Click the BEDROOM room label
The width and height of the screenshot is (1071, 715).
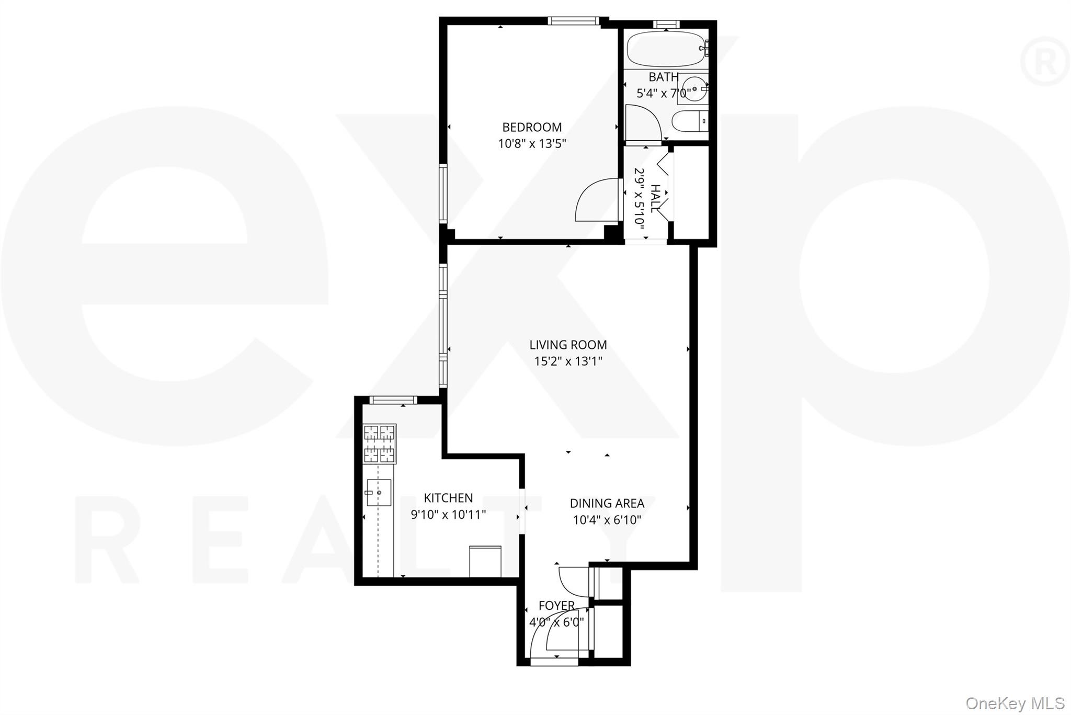click(x=532, y=127)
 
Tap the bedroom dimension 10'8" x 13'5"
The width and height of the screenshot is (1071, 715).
click(x=532, y=143)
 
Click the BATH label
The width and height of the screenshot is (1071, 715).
click(x=664, y=77)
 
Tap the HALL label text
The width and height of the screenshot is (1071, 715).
click(x=655, y=198)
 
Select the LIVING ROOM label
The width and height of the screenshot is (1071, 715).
click(x=568, y=345)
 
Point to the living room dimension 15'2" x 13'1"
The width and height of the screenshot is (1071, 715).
click(x=568, y=361)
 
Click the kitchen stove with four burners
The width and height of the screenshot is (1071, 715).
click(x=380, y=444)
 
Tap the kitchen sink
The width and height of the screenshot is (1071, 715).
click(x=379, y=492)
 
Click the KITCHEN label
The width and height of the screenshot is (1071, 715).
click(x=448, y=498)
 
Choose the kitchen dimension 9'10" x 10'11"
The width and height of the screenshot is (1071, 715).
click(x=448, y=515)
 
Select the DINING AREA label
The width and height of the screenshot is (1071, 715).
click(x=607, y=503)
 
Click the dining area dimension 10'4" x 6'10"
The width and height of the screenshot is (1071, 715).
click(x=607, y=520)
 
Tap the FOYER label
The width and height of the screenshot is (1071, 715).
click(x=556, y=606)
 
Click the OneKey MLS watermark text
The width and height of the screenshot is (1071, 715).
click(x=1015, y=703)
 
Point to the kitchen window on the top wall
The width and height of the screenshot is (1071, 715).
click(x=393, y=400)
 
